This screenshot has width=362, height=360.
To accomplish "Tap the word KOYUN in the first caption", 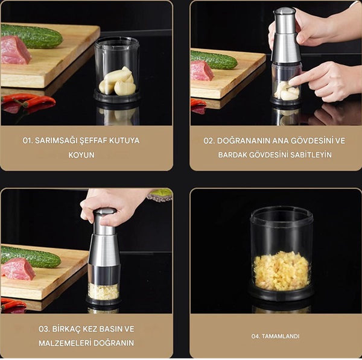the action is pyautogui.click(x=81, y=155).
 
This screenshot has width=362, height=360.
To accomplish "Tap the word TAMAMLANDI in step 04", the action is pyautogui.click(x=281, y=336).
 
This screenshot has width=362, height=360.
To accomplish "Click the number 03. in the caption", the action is pyautogui.click(x=44, y=329).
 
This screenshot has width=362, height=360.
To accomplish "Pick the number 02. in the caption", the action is pyautogui.click(x=209, y=141).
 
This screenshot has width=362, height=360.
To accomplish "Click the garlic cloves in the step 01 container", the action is pyautogui.click(x=118, y=81).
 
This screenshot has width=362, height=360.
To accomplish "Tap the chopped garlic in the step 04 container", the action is pyautogui.click(x=281, y=271).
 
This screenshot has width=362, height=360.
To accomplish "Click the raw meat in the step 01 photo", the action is pyautogui.click(x=14, y=50).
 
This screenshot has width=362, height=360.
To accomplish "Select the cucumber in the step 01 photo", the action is pyautogui.click(x=31, y=36).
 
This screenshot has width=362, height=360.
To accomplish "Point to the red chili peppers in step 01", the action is pyautogui.click(x=28, y=99).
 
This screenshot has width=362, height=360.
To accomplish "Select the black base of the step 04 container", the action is pyautogui.click(x=281, y=292).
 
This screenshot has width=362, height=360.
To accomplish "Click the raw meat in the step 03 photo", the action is pyautogui.click(x=18, y=269).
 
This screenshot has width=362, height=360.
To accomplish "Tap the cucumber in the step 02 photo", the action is pyautogui.click(x=214, y=60).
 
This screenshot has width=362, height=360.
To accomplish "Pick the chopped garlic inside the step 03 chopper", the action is pyautogui.click(x=103, y=291).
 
